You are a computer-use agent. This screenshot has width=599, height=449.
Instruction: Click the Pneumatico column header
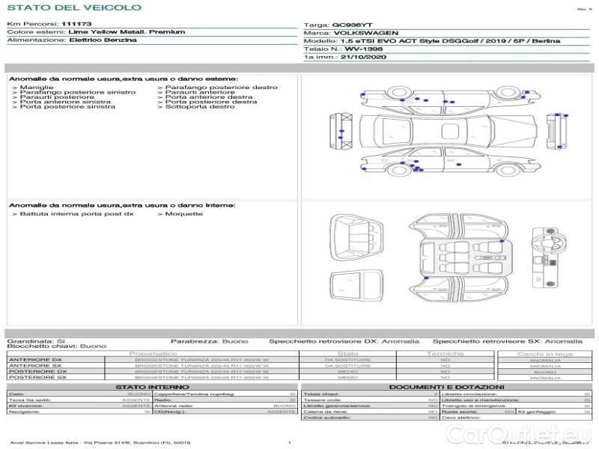click(153, 353)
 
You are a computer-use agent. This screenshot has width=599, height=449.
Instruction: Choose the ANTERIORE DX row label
click(35, 360)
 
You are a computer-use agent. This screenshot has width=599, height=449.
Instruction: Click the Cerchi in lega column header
click(544, 353)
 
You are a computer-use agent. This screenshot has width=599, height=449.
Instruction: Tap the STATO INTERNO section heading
click(152, 387)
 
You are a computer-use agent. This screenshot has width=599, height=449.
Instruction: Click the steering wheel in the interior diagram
click(541, 243)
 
